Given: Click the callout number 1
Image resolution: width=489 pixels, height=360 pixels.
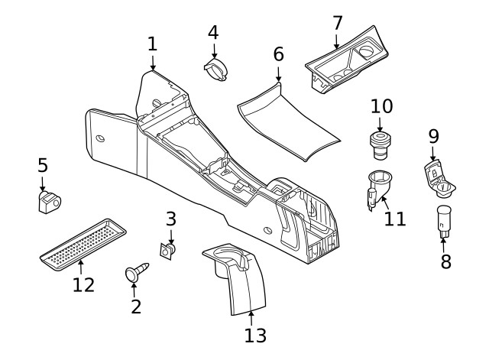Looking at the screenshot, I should click(x=152, y=44).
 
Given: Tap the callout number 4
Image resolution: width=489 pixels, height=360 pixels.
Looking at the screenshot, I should click(x=213, y=32).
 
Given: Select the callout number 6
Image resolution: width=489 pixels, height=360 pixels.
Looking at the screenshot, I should click(x=278, y=54).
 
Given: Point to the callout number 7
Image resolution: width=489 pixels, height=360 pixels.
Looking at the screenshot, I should click(x=337, y=23).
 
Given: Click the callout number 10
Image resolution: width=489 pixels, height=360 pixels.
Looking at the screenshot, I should click(x=381, y=105).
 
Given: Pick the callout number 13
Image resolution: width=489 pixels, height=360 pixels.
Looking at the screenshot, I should click(x=255, y=334).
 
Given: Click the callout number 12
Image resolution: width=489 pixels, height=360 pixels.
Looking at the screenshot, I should click(x=83, y=285).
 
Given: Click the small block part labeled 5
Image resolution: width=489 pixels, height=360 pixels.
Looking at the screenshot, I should click(x=50, y=202).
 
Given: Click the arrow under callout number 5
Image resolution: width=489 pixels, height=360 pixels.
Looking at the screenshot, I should click(x=43, y=183).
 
